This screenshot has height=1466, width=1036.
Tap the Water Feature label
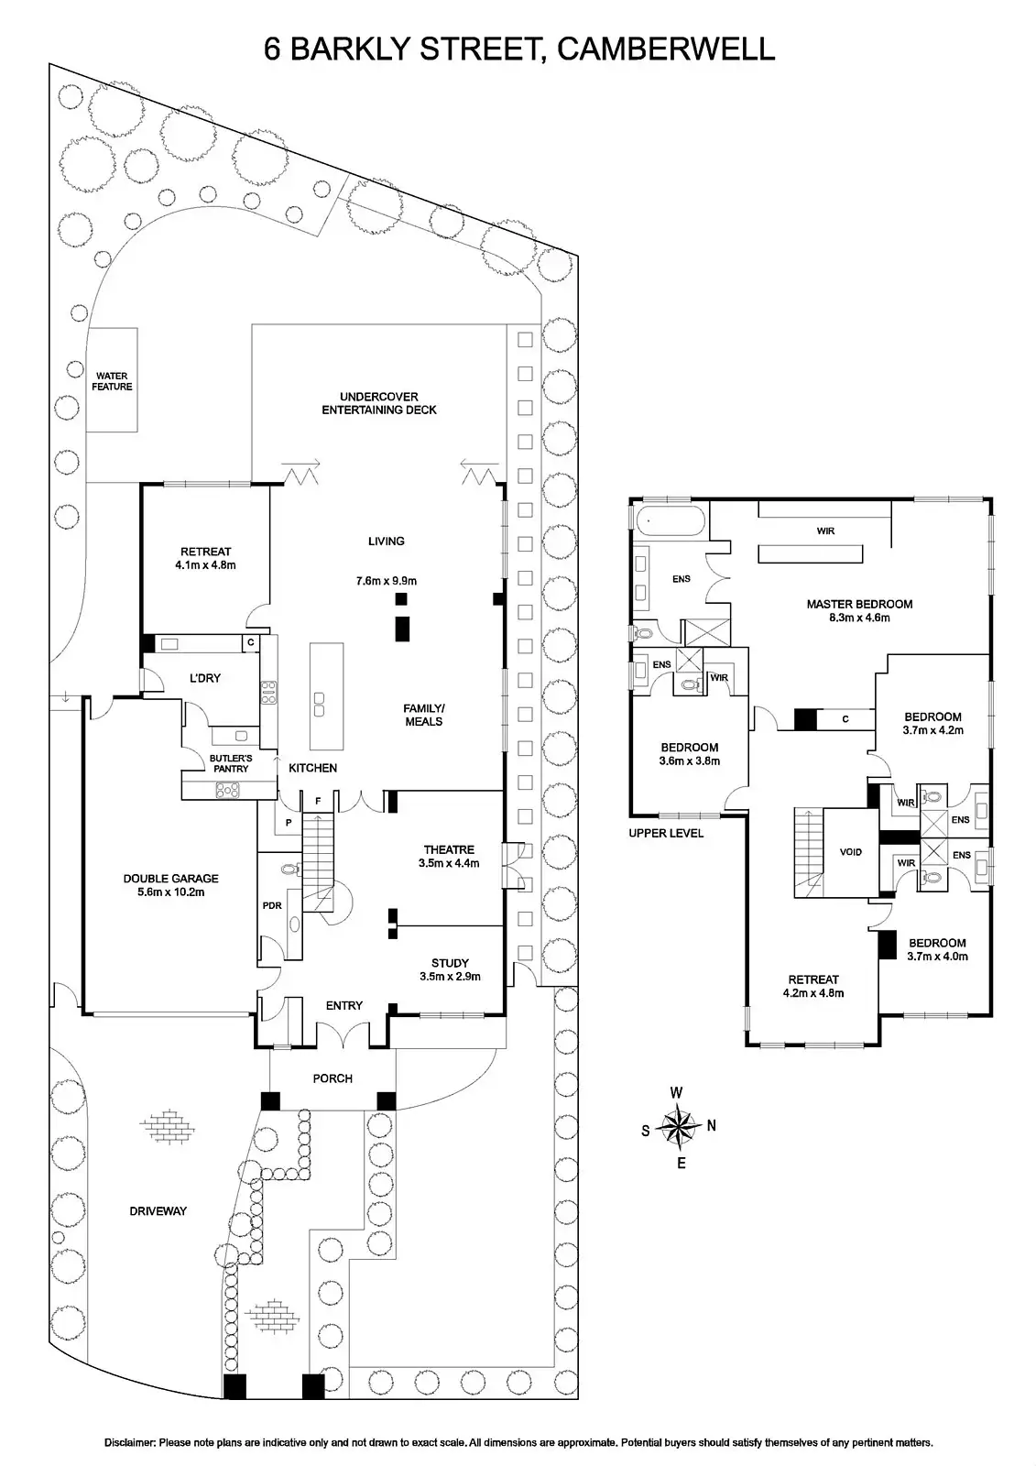(112, 381)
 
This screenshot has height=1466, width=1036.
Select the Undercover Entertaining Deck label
(378, 403)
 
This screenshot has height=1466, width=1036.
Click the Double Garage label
(170, 884)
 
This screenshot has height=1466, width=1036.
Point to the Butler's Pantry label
(229, 763)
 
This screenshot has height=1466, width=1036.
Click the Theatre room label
(449, 856)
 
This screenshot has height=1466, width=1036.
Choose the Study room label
(450, 969)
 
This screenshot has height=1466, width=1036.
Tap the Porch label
(333, 1078)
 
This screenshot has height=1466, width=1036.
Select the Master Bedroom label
(858, 610)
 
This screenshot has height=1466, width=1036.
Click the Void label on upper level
(851, 852)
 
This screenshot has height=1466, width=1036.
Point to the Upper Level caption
(666, 833)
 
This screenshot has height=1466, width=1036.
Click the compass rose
(679, 1127)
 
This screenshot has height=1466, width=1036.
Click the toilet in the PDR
(289, 870)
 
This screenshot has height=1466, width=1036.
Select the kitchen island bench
(327, 695)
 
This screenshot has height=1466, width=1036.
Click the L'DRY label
(205, 678)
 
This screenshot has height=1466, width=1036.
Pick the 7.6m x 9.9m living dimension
(386, 581)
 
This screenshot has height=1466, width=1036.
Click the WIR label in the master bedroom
(825, 531)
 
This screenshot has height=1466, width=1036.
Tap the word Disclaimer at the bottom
(129, 1442)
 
